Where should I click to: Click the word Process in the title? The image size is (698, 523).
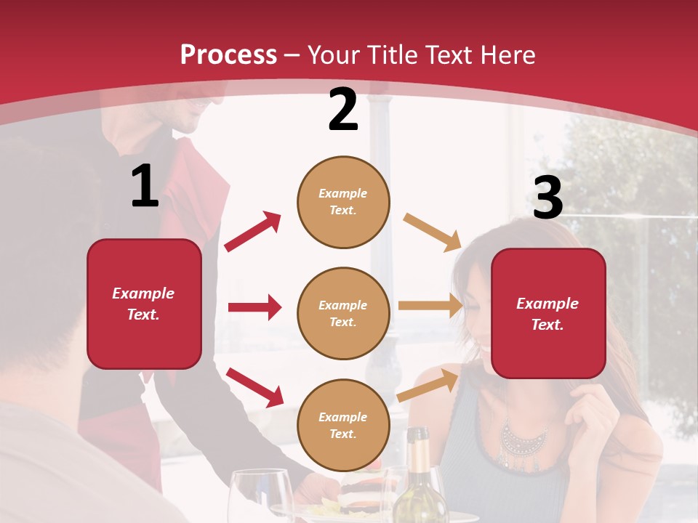pyautogui.click(x=228, y=54)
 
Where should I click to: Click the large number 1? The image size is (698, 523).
pyautogui.click(x=145, y=186)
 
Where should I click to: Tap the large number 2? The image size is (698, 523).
pyautogui.click(x=343, y=110)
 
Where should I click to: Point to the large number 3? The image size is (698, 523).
pyautogui.click(x=548, y=198)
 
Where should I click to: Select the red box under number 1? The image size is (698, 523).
pyautogui.click(x=144, y=304)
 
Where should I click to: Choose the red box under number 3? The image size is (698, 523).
pyautogui.click(x=548, y=314)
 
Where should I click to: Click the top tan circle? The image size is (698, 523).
pyautogui.click(x=343, y=202)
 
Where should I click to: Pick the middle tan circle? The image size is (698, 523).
pyautogui.click(x=343, y=313)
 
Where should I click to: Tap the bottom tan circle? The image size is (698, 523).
pyautogui.click(x=343, y=425)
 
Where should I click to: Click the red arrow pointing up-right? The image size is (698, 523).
pyautogui.click(x=253, y=232)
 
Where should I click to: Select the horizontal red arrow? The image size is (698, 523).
pyautogui.click(x=254, y=307)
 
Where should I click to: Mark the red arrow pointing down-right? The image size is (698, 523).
pyautogui.click(x=254, y=386)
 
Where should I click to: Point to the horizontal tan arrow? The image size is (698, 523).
pyautogui.click(x=430, y=306)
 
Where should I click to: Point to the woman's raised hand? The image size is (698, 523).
pyautogui.click(x=593, y=414)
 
